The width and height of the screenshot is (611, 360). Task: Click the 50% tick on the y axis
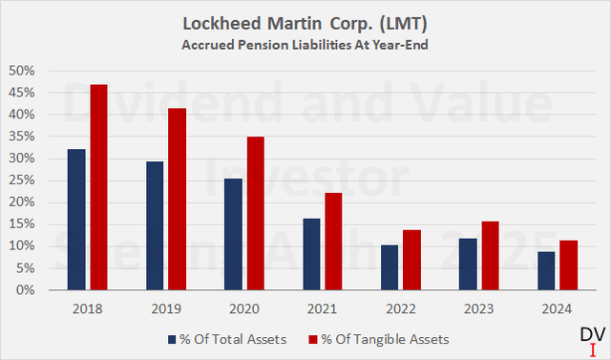pyautogui.click(x=23, y=71)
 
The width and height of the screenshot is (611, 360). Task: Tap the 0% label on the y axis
pyautogui.click(x=27, y=290)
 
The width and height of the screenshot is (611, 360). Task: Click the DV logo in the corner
pyautogui.click(x=591, y=337)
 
